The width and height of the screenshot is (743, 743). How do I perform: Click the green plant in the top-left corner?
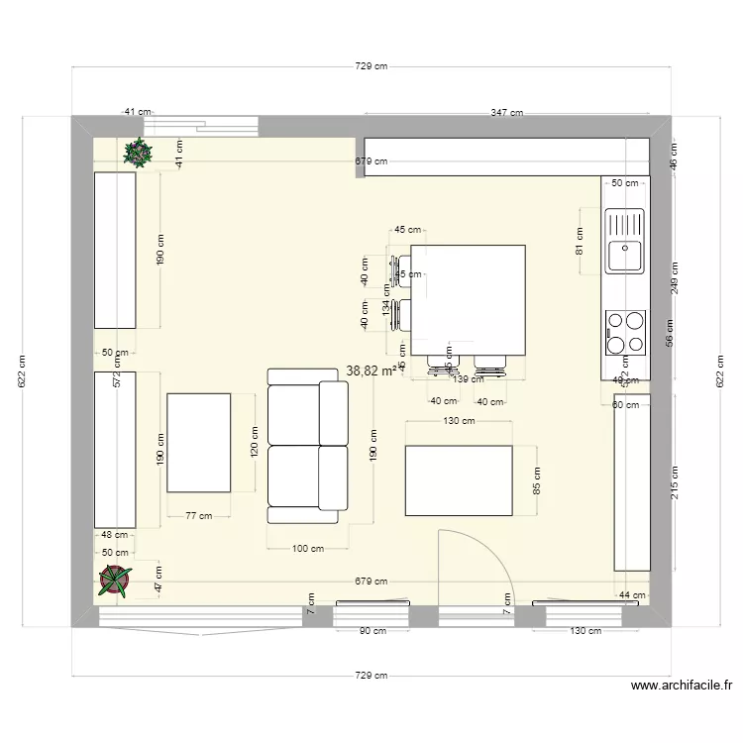138,152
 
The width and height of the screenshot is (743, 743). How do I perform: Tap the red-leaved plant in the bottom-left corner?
116,581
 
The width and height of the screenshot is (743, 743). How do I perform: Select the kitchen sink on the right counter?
624,241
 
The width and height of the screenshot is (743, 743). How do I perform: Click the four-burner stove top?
625,332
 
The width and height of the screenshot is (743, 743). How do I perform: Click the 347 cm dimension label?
506,114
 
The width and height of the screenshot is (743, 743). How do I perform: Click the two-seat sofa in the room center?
308,445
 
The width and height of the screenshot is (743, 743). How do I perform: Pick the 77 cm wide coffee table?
199,442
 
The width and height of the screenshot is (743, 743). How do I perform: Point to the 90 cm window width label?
371,631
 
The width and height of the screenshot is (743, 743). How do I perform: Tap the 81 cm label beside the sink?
581,241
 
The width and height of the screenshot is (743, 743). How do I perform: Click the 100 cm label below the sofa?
308,548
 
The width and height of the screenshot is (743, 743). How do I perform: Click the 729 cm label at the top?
371,66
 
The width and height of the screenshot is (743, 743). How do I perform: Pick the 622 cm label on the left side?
24,371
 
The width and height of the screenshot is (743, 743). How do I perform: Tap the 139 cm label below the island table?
462,378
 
